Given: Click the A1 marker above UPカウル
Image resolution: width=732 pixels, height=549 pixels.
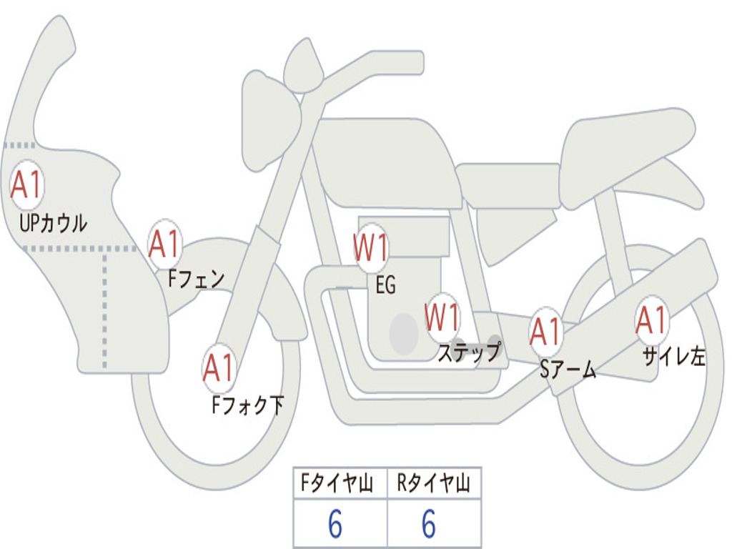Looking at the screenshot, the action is (x=28, y=185).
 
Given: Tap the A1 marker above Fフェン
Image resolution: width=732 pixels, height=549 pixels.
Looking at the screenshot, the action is (x=165, y=244).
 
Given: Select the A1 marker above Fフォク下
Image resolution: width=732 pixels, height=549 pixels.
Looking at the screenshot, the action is (x=219, y=368).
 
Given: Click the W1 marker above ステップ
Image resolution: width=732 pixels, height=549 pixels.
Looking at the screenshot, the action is (x=442, y=317).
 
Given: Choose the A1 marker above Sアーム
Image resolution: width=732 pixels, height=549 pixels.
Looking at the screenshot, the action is (x=547, y=331).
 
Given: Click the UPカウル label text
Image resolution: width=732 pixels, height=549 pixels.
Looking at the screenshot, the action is (x=53, y=224).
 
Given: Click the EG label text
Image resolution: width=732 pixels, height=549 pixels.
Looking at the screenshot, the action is (x=385, y=286).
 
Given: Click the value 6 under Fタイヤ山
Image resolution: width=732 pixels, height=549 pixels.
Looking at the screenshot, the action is (x=335, y=525).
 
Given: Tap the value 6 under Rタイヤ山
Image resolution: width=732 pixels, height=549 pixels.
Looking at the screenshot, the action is (x=429, y=525).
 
